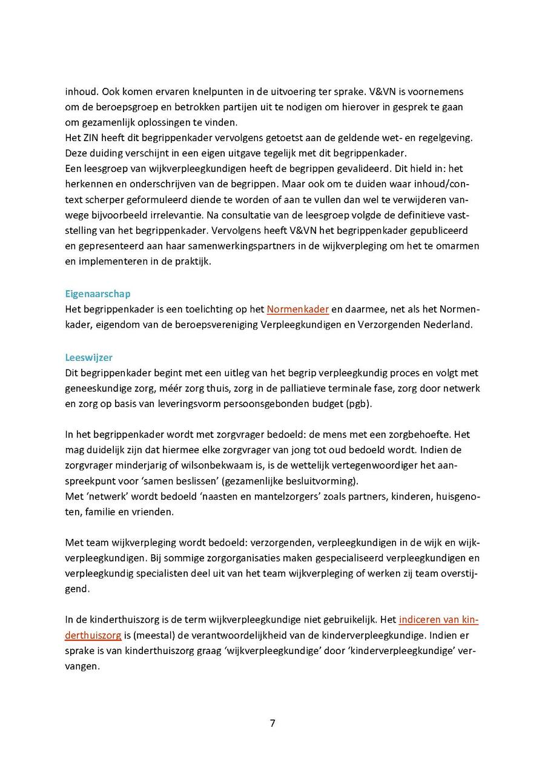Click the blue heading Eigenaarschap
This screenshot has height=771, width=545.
(97, 294)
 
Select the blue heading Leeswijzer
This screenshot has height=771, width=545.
(88, 357)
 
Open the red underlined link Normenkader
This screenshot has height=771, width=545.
(297, 309)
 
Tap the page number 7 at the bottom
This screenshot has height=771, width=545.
(272, 723)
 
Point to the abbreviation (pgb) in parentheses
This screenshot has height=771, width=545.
(359, 403)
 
